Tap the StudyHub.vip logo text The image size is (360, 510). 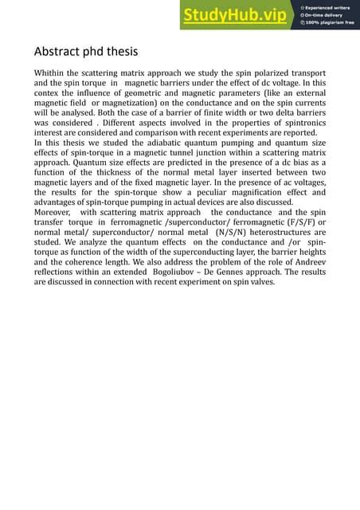point(237,16)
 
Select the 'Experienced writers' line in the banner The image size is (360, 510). point(330,7)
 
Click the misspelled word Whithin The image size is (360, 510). point(52,73)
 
